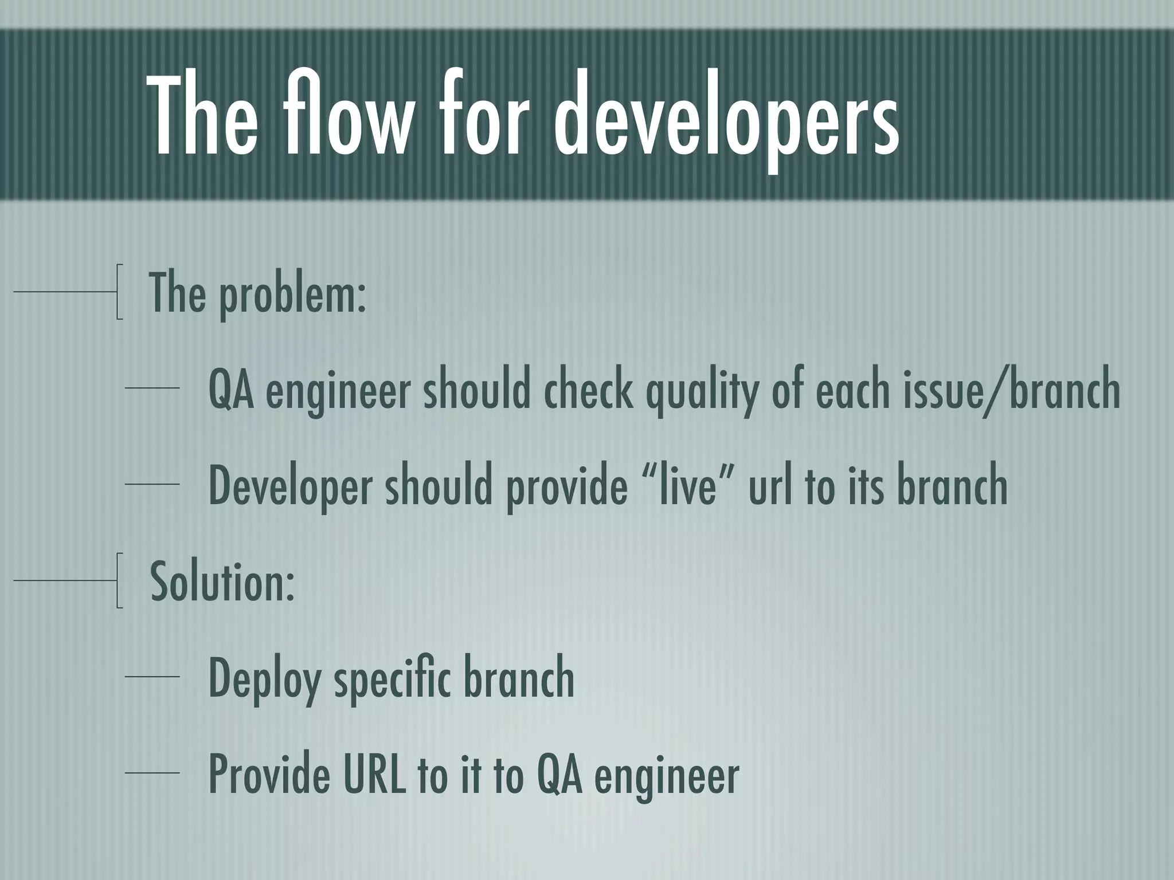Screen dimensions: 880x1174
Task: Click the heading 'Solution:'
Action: (222, 581)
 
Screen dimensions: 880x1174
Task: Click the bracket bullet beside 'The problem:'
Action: (119, 291)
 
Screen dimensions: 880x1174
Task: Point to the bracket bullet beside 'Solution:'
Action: (119, 580)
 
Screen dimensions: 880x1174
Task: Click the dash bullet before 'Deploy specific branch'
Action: (152, 677)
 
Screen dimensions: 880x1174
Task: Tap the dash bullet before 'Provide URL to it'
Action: (152, 773)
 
